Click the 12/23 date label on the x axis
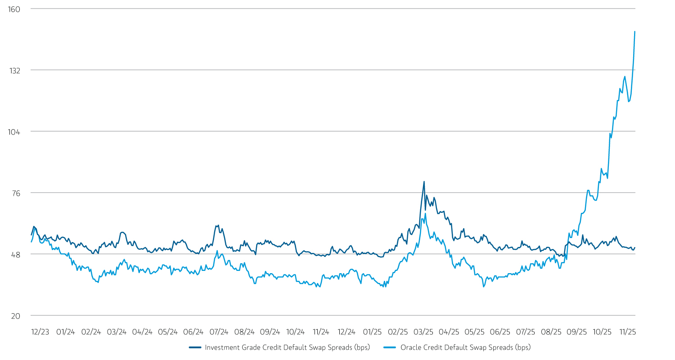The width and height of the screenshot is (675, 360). click(40, 332)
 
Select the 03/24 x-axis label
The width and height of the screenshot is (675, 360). click(117, 332)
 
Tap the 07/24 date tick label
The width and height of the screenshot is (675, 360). click(219, 332)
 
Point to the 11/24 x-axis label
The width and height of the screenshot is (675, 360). click(320, 332)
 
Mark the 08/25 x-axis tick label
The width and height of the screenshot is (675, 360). click(550, 332)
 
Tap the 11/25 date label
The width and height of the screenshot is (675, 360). click(627, 332)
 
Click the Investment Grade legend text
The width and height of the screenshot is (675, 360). click(287, 347)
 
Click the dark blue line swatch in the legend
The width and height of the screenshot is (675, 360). click(195, 347)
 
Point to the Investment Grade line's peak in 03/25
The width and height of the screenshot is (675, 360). click(424, 182)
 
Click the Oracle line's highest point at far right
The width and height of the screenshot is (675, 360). click(634, 31)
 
